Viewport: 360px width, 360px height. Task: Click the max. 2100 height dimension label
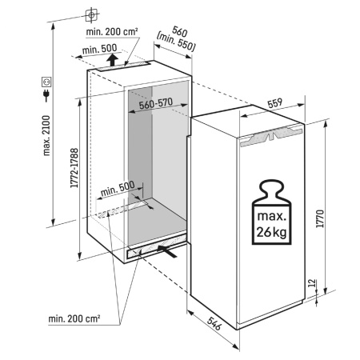[x=46, y=135]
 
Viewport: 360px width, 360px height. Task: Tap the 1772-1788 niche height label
[x=74, y=168]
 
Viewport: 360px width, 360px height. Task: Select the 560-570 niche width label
[x=156, y=103]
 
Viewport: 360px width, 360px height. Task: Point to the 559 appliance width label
[x=274, y=103]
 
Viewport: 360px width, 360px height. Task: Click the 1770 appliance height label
[x=320, y=218]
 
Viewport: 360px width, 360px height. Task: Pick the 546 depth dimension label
[x=214, y=323]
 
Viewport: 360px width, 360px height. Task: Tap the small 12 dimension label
[x=311, y=282]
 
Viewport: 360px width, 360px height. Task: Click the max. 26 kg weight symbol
[x=272, y=212]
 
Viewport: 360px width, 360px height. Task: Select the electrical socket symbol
[x=46, y=82]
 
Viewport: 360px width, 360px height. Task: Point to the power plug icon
[x=46, y=95]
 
